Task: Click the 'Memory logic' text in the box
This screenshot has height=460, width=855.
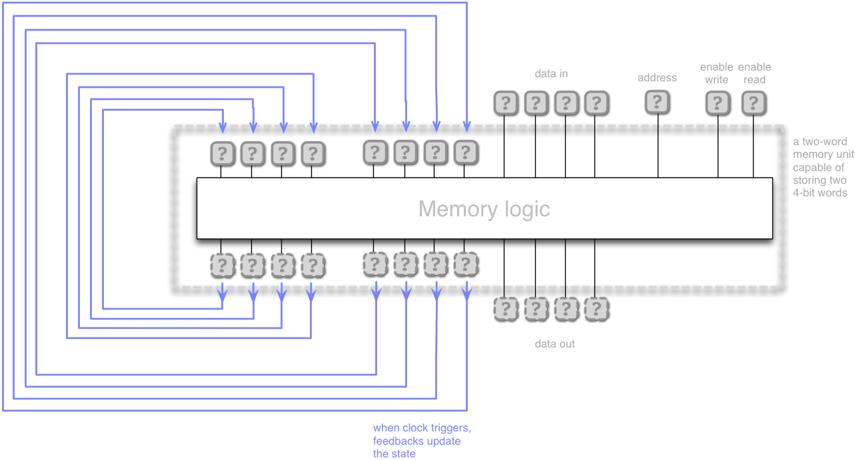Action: point(484,209)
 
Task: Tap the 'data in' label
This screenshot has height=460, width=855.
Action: point(551,73)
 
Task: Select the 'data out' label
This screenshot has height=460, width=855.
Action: point(554,344)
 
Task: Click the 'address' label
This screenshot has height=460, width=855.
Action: point(657,78)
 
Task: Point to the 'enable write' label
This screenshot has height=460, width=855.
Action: point(716,73)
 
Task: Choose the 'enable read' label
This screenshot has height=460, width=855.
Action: point(754,73)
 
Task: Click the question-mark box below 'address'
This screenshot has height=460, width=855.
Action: point(657,102)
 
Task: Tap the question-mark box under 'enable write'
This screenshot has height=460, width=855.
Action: point(718,103)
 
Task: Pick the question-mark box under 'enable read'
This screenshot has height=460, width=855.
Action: point(754,103)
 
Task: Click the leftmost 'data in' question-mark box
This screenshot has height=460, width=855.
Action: point(506,103)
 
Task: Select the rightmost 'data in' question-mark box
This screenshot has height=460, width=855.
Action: point(596,103)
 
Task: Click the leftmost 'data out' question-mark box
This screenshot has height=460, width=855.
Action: point(506,308)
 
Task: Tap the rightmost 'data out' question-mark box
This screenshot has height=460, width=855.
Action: point(596,308)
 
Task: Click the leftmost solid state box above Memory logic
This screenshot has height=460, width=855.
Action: point(223,154)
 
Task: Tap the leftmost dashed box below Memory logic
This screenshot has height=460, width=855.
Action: point(223,266)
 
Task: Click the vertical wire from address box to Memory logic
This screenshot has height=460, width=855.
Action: point(658,146)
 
